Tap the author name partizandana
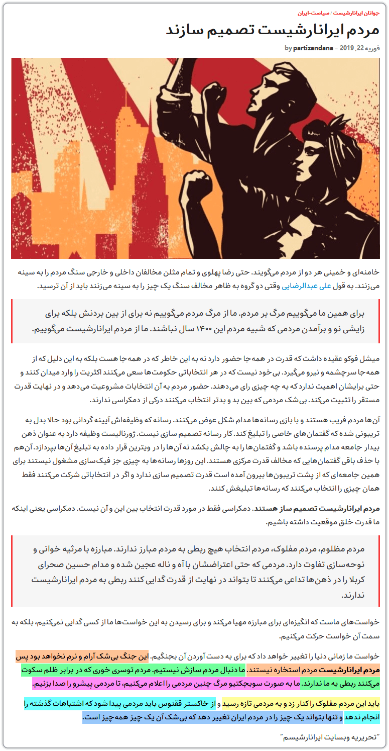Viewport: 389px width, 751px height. [314, 48]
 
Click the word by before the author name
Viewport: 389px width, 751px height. [288, 48]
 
